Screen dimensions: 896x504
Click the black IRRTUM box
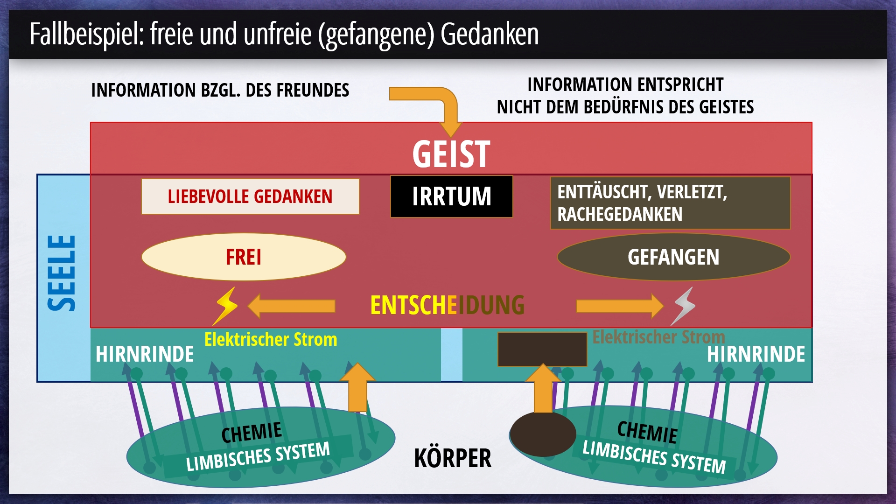[451, 196]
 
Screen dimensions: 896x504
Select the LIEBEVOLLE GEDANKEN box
[250, 196]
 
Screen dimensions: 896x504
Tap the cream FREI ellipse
[244, 257]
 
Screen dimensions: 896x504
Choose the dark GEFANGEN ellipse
[673, 257]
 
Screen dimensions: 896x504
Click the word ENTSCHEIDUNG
[447, 305]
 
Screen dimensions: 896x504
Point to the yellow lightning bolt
[225, 306]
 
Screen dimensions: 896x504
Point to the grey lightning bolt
[683, 306]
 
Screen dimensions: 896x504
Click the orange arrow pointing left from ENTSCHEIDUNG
[291, 306]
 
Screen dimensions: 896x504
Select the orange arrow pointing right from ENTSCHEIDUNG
[620, 306]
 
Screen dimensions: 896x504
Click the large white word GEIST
[451, 154]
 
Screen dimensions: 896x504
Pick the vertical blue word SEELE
[62, 273]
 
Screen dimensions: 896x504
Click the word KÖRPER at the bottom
[453, 458]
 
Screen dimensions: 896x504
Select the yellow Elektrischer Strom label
[271, 339]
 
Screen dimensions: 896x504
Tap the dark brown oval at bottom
[543, 434]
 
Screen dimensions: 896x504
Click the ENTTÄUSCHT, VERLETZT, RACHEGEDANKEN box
[671, 203]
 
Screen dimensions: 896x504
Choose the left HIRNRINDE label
[145, 354]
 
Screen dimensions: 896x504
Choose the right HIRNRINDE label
[756, 354]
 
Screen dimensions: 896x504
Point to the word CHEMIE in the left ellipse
[252, 433]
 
